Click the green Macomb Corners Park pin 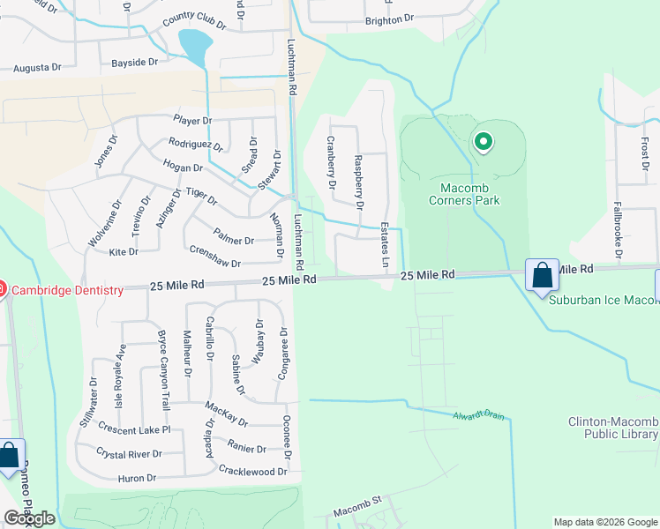click(483, 141)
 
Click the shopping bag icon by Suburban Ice click(542, 275)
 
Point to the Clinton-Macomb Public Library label click(612, 428)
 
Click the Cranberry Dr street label click(332, 162)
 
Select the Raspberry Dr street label click(358, 181)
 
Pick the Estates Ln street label click(385, 245)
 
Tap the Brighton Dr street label click(389, 19)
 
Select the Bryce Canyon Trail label click(163, 371)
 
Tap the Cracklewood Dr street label click(253, 472)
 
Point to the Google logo click(29, 518)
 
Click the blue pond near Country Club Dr click(195, 44)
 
